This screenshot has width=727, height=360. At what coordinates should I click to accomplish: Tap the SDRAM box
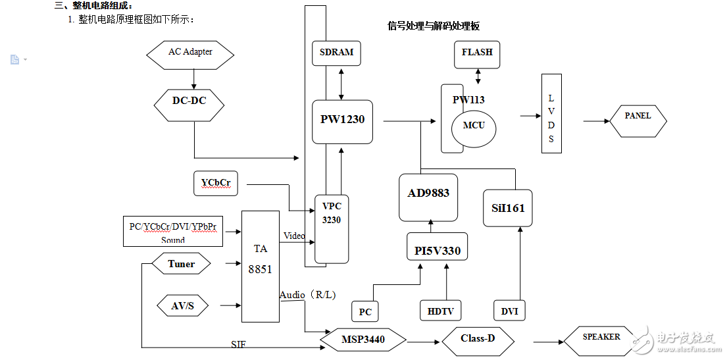[336, 53]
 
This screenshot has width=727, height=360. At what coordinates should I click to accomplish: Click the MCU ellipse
[473, 125]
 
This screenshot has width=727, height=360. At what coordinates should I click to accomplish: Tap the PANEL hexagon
[637, 119]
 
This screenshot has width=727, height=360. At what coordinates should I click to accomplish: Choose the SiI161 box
[507, 208]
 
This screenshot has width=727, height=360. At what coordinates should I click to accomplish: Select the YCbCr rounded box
[216, 183]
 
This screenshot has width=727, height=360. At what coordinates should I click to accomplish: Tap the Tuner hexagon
[181, 265]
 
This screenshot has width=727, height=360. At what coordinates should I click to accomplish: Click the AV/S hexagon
[182, 305]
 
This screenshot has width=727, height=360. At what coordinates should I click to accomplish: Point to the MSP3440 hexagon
[363, 340]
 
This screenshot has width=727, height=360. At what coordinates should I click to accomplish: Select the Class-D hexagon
[478, 340]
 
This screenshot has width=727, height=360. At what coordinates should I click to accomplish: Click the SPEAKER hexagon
[601, 338]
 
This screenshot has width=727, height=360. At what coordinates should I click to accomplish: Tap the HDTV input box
[441, 311]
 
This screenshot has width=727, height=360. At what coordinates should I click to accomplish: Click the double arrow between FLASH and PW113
[478, 76]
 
